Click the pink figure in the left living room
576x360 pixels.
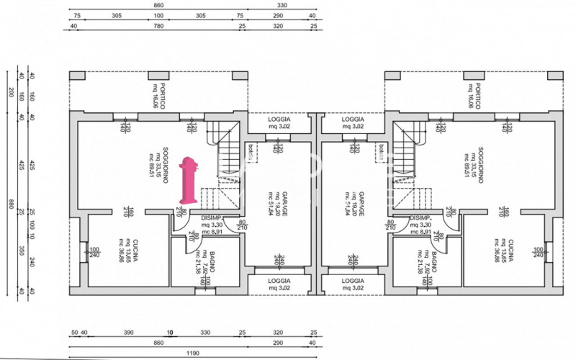pos(190,179)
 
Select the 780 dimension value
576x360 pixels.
pos(158,26)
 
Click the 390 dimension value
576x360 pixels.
pos(129,333)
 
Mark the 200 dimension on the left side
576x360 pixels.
pos(11,91)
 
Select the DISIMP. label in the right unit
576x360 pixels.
pos(420,219)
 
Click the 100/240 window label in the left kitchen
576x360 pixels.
pos(94,253)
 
